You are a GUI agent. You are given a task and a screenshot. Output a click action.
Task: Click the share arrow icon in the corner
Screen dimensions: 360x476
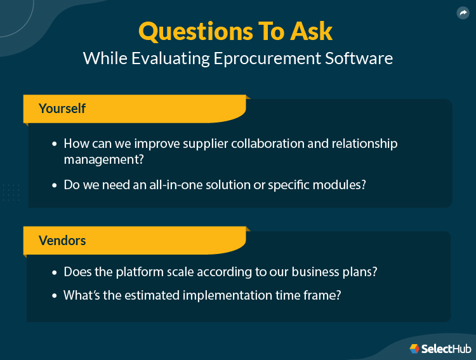click(x=462, y=13)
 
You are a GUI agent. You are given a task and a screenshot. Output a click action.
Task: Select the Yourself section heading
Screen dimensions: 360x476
click(x=62, y=108)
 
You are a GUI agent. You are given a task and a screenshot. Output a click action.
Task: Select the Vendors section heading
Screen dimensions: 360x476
click(x=62, y=241)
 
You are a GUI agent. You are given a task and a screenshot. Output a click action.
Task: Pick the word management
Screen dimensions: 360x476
click(x=103, y=159)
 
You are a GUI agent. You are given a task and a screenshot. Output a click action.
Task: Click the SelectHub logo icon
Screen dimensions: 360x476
click(x=414, y=348)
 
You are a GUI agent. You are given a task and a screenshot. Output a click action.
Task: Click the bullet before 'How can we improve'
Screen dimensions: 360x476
click(x=55, y=144)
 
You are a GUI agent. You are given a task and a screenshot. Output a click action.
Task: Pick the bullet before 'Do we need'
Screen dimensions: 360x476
click(x=55, y=186)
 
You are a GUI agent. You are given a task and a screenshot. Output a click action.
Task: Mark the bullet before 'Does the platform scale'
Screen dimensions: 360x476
click(x=55, y=272)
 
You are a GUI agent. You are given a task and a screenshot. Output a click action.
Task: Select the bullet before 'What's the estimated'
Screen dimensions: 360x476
click(x=55, y=296)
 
